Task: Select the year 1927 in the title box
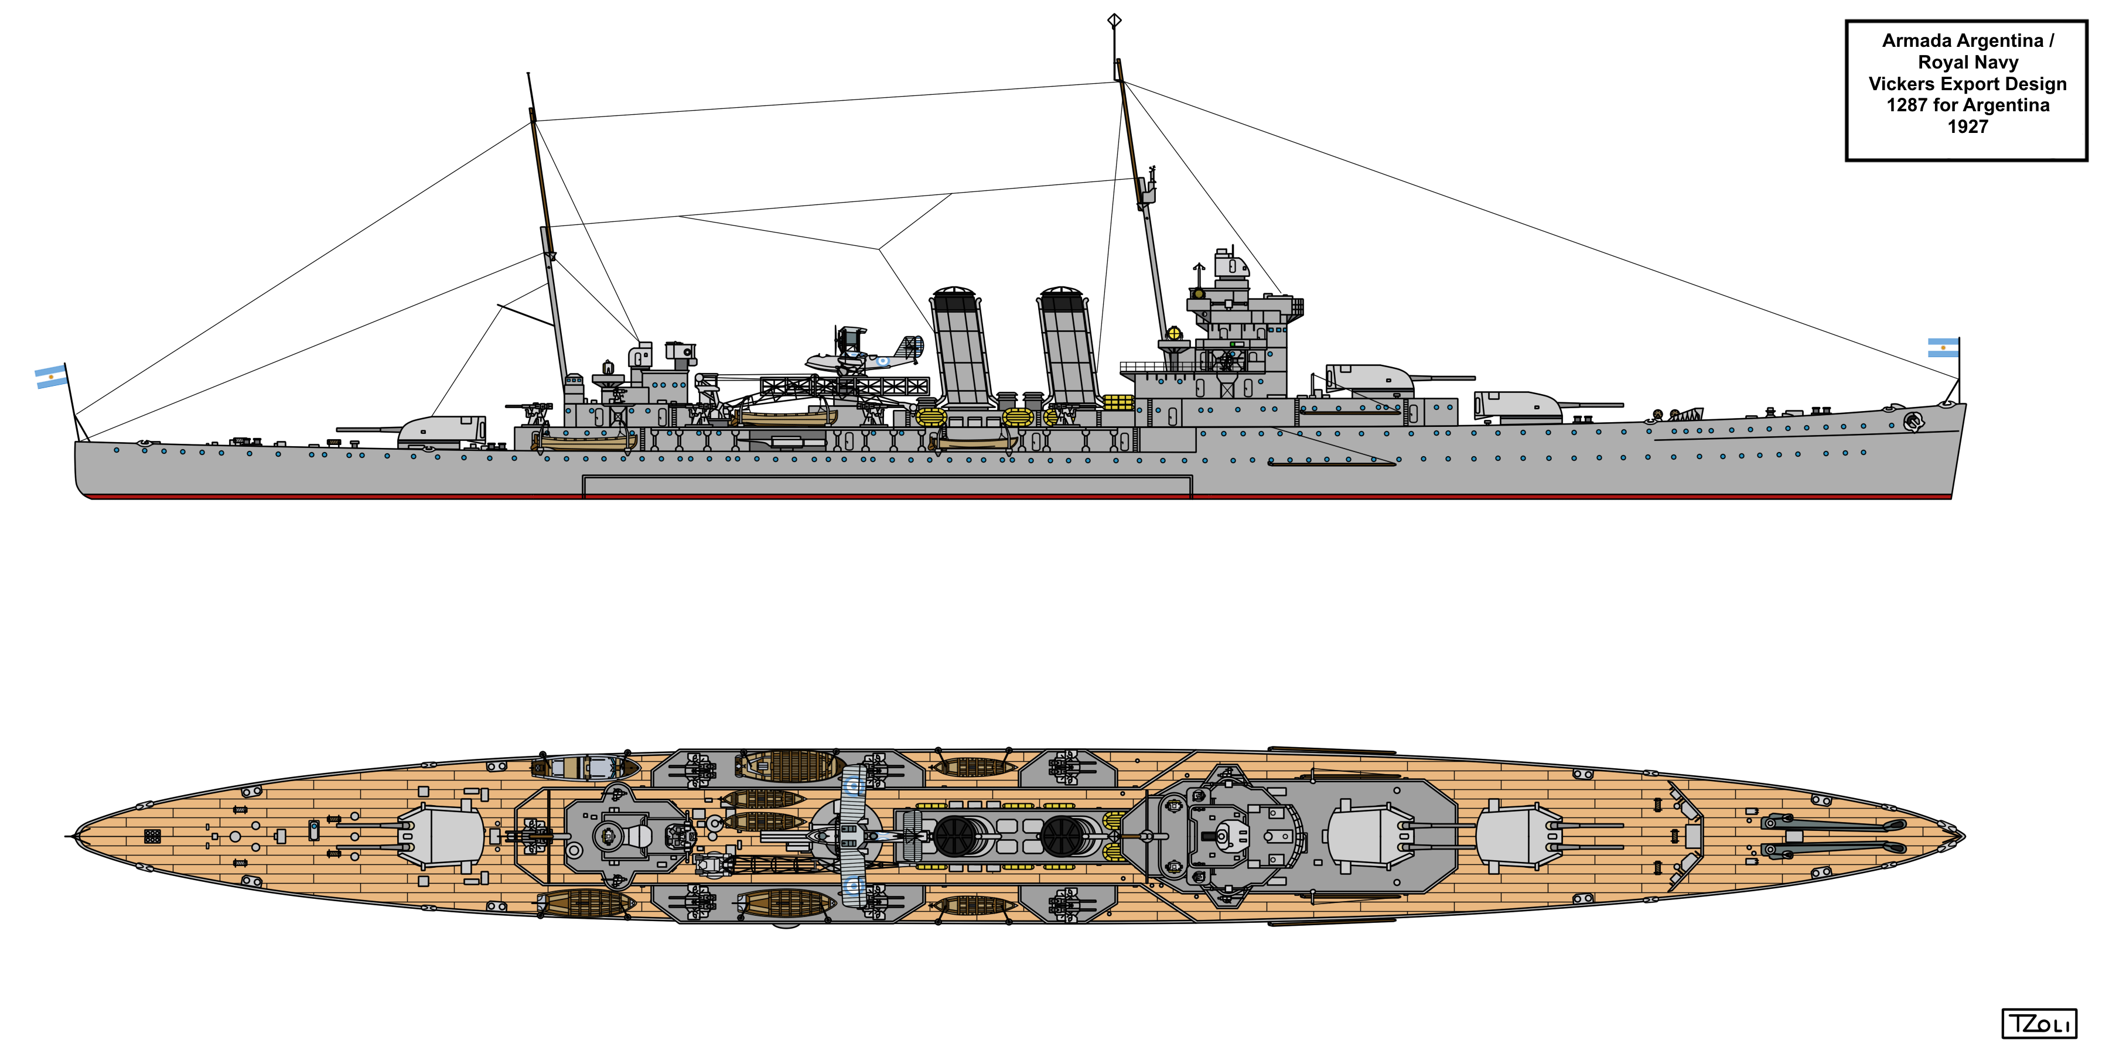pyautogui.click(x=1967, y=127)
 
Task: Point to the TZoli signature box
pyautogui.click(x=2039, y=1024)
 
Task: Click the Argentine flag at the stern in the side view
pyautogui.click(x=51, y=377)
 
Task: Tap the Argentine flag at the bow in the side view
pyautogui.click(x=1943, y=348)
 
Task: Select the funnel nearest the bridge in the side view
pyautogui.click(x=1067, y=347)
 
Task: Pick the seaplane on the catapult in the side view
pyautogui.click(x=864, y=354)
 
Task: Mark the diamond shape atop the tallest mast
pyautogui.click(x=1114, y=20)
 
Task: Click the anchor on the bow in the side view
pyautogui.click(x=1913, y=422)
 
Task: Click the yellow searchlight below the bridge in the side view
pyautogui.click(x=1174, y=333)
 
